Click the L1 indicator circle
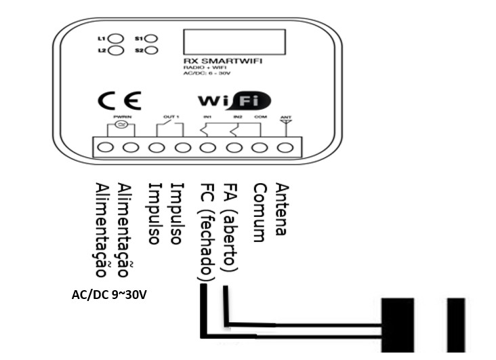(x=116, y=39)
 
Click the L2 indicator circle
(x=116, y=51)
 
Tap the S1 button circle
(x=151, y=39)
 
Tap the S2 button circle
(x=151, y=51)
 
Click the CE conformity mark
(x=119, y=101)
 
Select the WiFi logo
(x=234, y=101)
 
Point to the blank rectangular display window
(x=224, y=42)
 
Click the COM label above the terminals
(x=260, y=117)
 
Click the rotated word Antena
(x=282, y=209)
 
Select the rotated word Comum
(x=258, y=213)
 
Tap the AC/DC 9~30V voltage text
(x=109, y=295)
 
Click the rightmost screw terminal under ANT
(x=286, y=147)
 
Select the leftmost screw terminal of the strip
(x=106, y=147)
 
